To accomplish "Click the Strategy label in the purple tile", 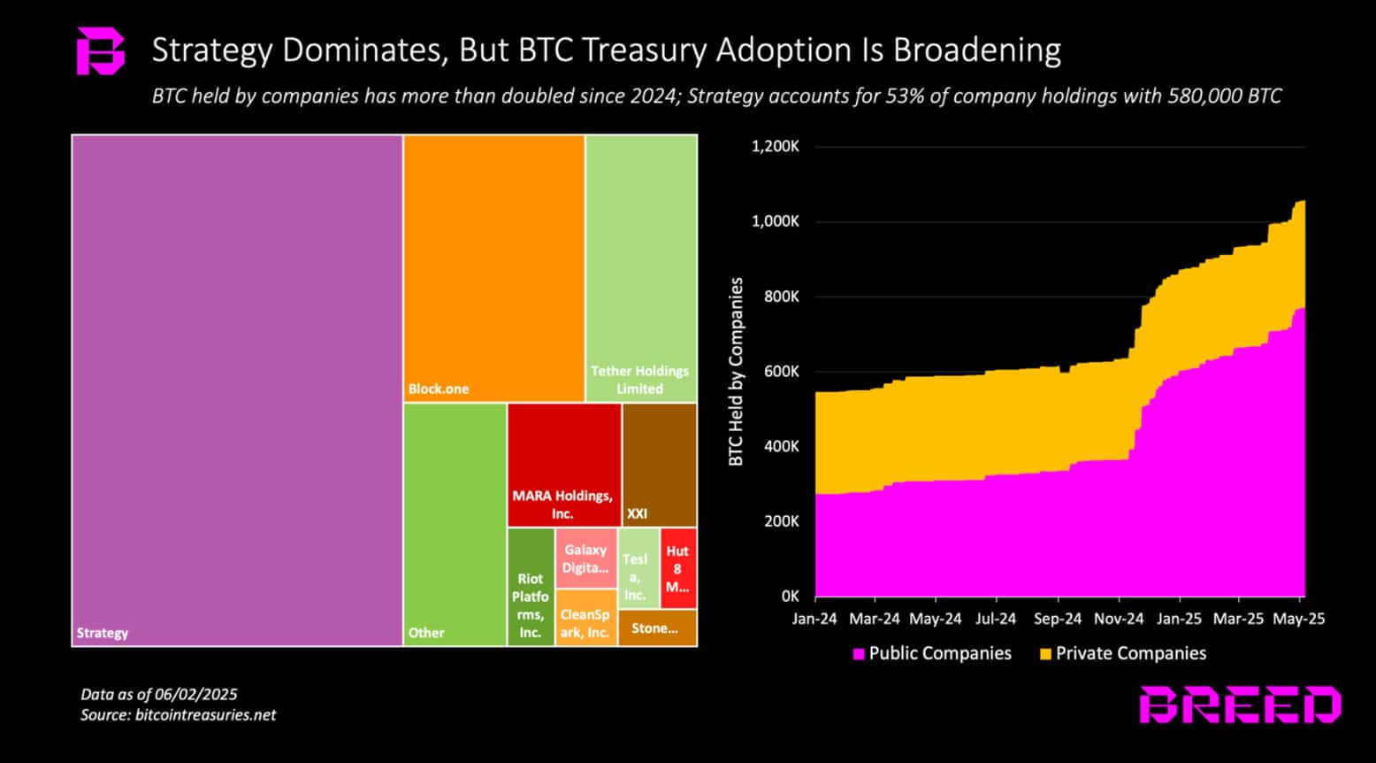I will click(103, 633).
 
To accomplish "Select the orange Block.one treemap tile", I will click(493, 268).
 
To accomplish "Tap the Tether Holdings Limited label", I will click(639, 380).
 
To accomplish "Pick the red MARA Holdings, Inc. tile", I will click(563, 465).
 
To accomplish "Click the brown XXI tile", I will click(659, 465).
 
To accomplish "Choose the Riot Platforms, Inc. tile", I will click(531, 587).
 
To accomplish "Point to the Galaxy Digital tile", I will click(586, 559).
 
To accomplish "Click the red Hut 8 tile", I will click(677, 568).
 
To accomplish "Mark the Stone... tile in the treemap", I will click(656, 628).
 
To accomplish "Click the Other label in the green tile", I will click(426, 633).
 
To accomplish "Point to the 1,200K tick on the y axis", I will click(776, 147).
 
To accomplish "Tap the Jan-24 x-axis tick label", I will click(814, 619).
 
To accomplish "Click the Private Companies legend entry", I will click(1122, 653).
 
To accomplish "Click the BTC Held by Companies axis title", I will click(736, 372).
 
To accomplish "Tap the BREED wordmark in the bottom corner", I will click(1240, 705).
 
